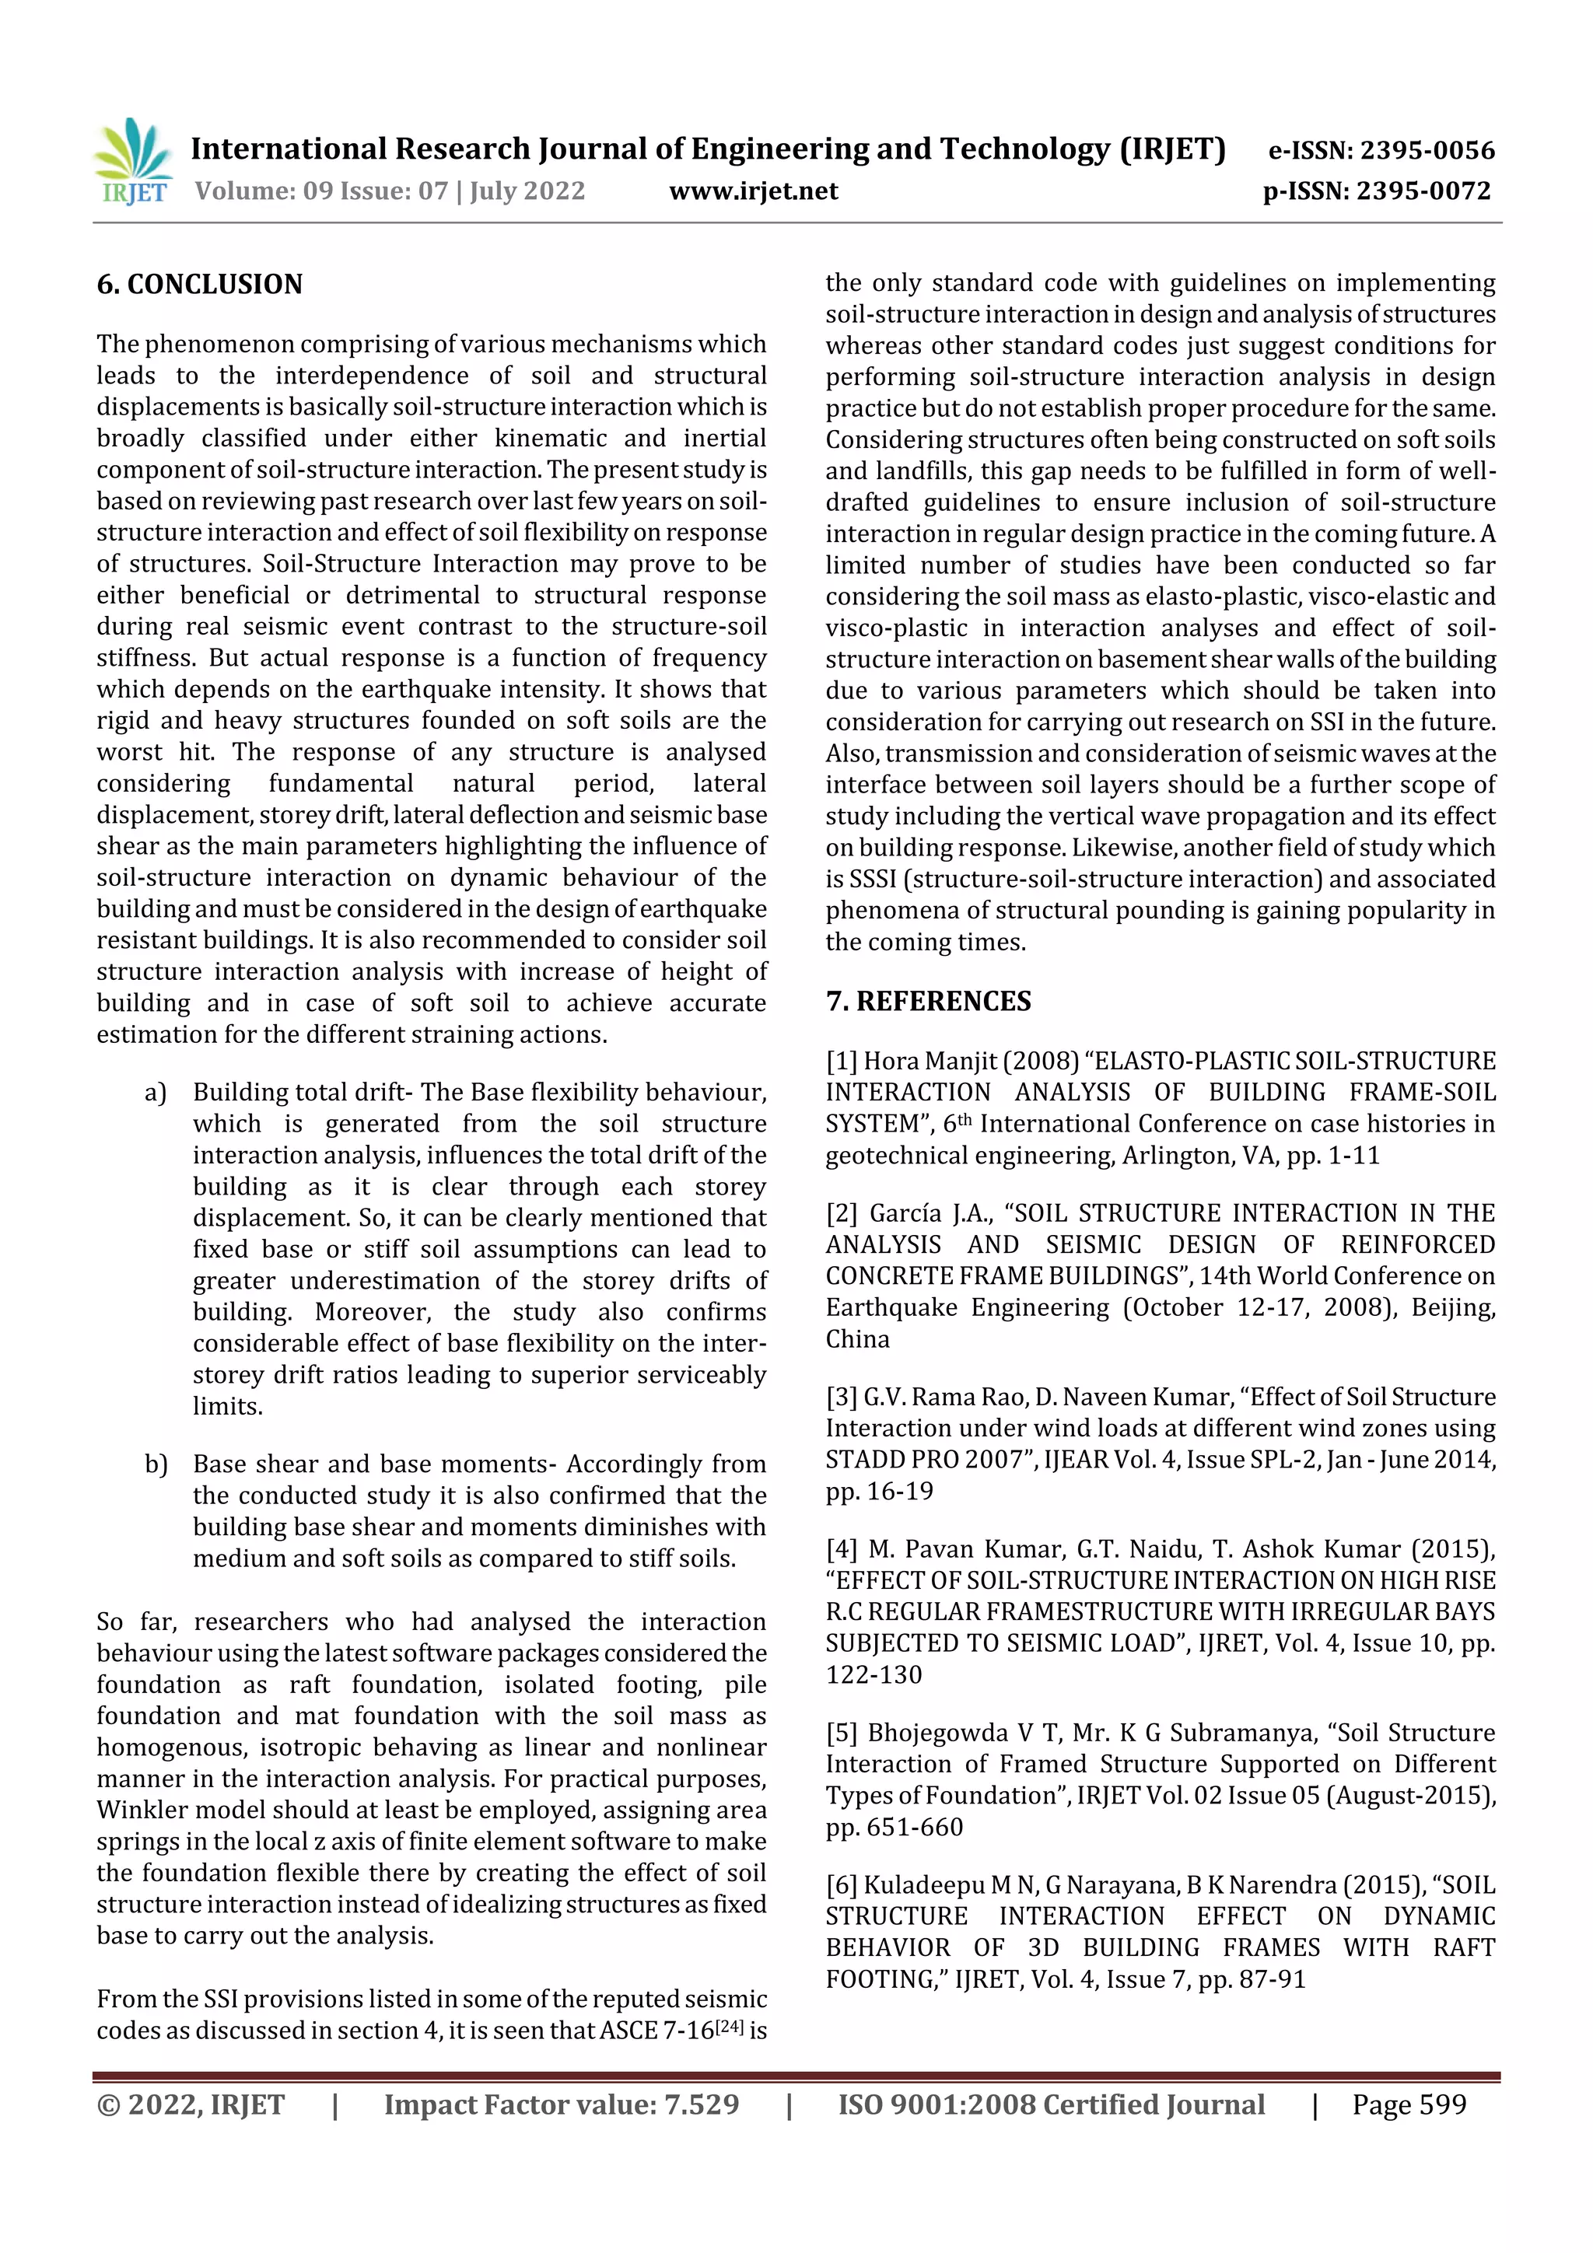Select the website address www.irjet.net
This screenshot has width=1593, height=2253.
click(753, 191)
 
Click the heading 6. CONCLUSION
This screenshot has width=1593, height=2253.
click(199, 285)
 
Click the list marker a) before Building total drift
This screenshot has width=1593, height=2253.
click(155, 1092)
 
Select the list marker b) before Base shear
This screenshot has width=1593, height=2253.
click(155, 1464)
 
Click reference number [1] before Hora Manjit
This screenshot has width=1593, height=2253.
click(841, 1061)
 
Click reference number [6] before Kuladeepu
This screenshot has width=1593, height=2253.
click(841, 1885)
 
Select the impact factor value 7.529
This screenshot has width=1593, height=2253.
click(701, 2104)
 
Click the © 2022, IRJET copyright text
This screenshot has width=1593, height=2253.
click(191, 2104)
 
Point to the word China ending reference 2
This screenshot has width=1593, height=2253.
click(857, 1338)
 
